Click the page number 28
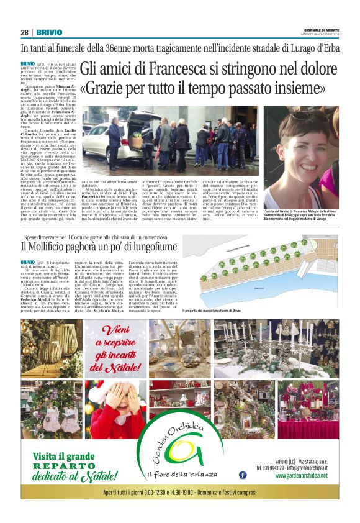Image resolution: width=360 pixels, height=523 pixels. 24,32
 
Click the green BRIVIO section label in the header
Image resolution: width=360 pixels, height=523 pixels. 48,32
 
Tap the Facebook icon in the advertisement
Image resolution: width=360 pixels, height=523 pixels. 243,475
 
